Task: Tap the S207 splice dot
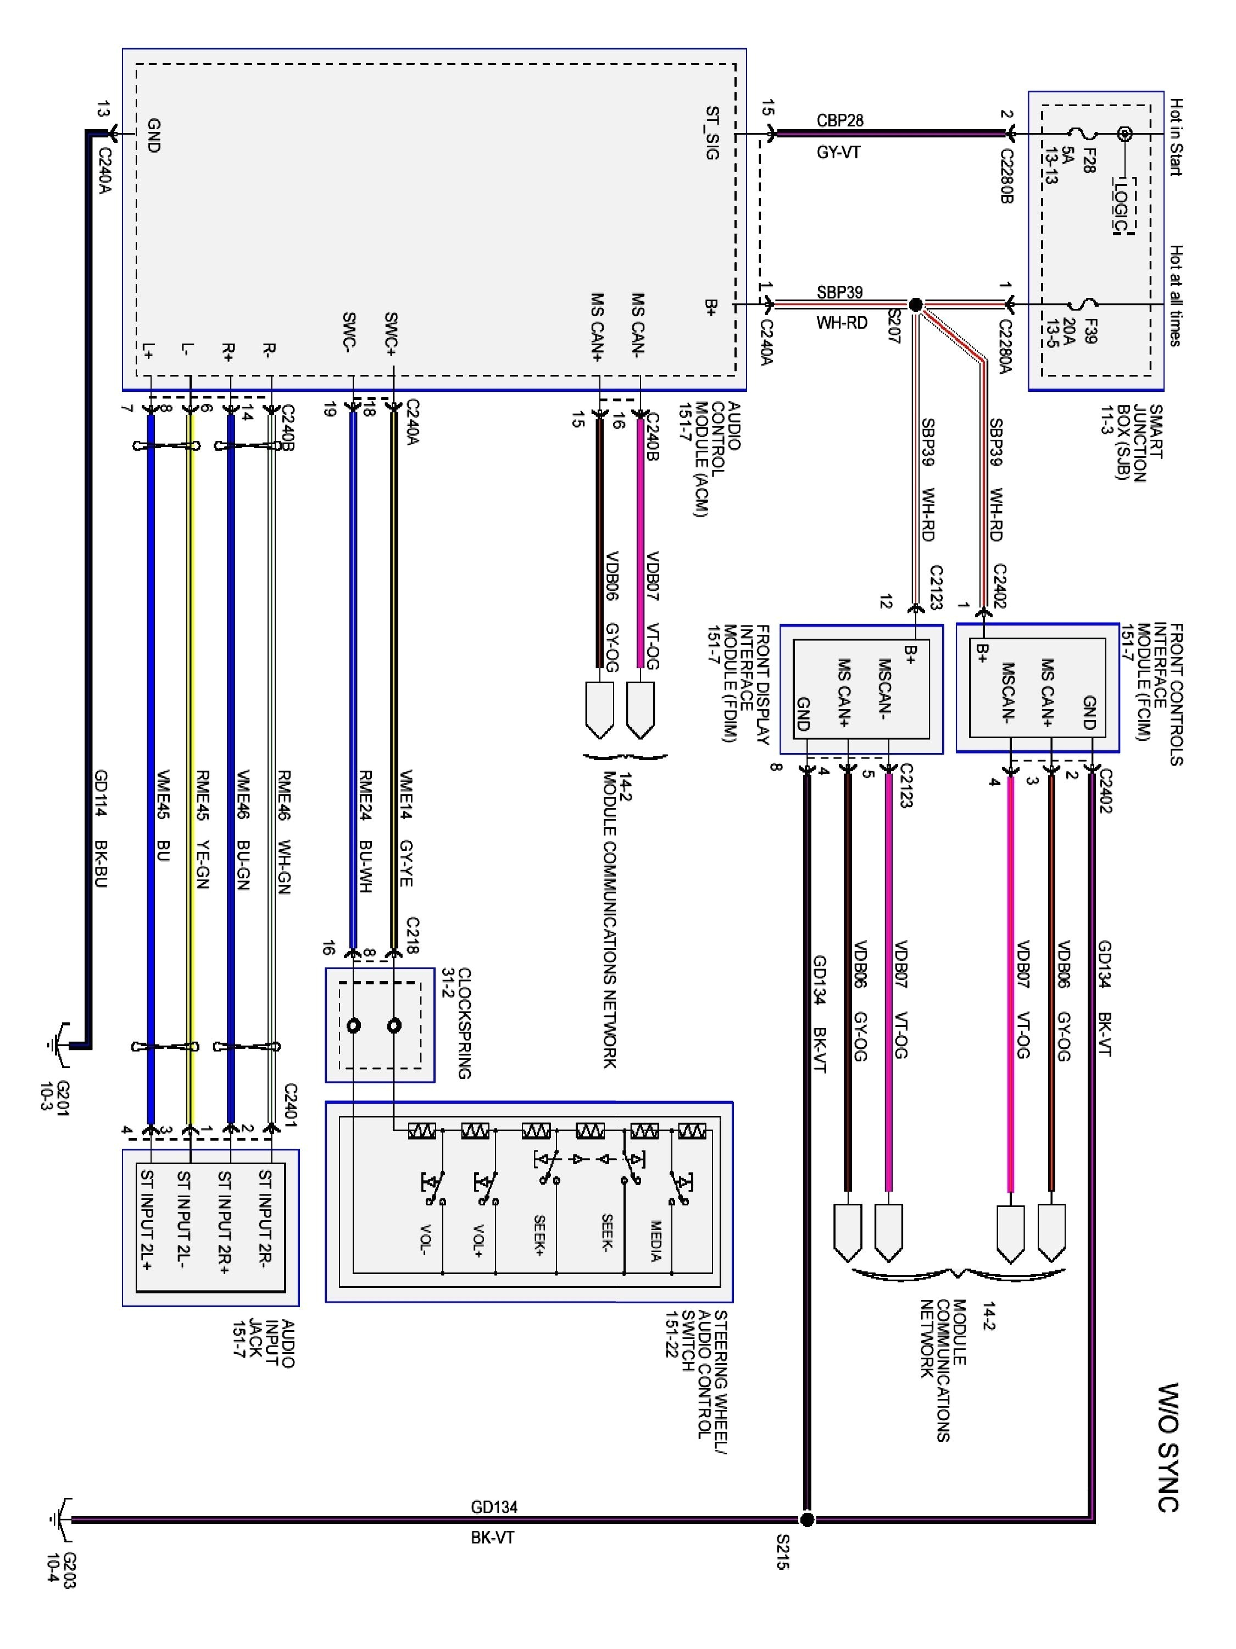coord(916,304)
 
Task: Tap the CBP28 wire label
coord(839,121)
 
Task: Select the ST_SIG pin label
coord(712,134)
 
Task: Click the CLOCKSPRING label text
coord(464,1023)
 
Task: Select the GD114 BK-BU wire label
coord(101,828)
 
